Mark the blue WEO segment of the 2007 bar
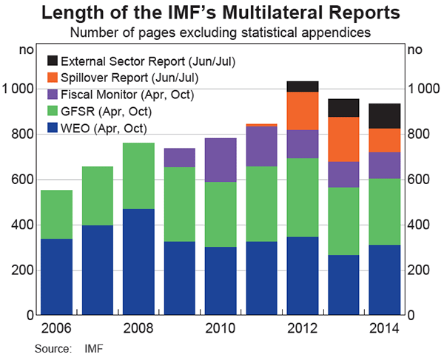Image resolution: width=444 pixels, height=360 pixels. click(98, 270)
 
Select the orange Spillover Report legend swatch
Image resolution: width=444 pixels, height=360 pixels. click(53, 78)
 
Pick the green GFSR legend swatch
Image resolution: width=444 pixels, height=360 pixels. click(53, 111)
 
